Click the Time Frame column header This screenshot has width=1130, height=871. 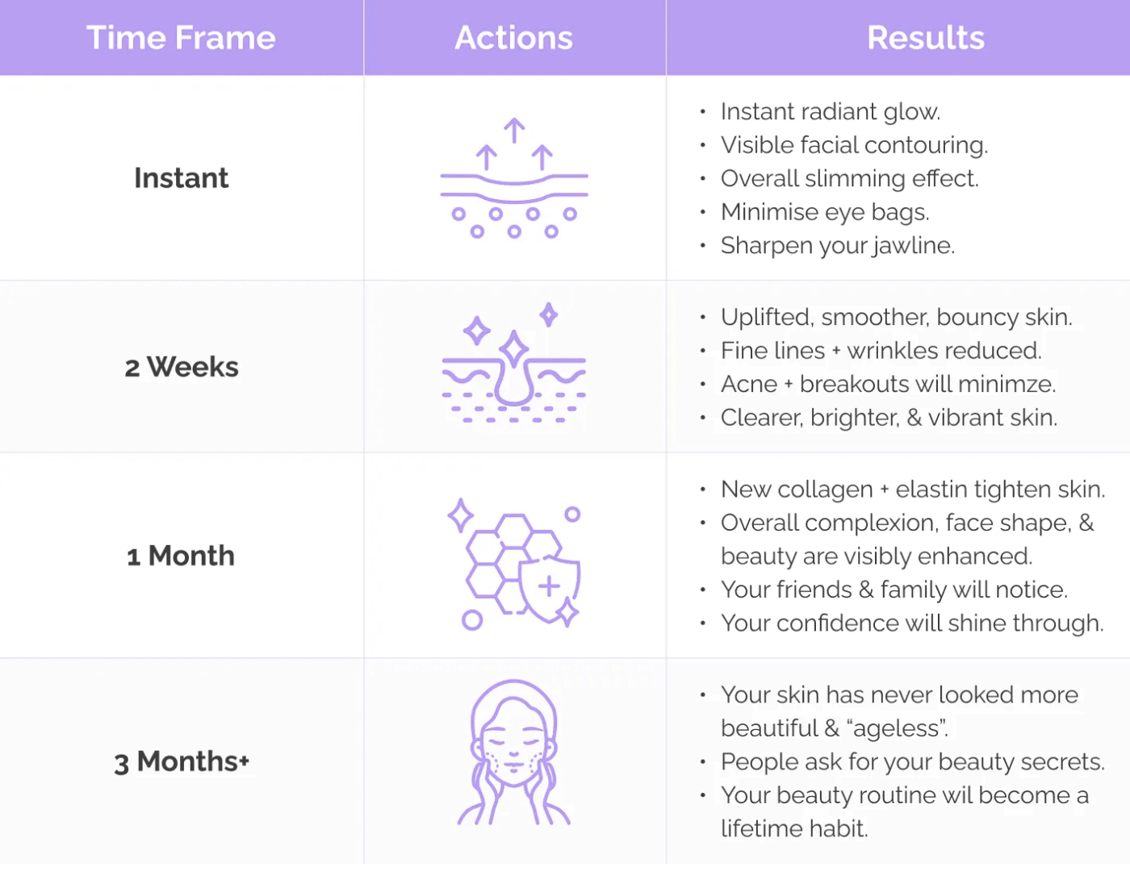tap(181, 37)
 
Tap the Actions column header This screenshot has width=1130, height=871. tap(514, 37)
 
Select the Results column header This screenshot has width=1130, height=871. tap(926, 37)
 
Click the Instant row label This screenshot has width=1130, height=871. tap(181, 177)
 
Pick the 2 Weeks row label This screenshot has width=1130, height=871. tap(182, 367)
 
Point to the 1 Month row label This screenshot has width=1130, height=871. tap(181, 556)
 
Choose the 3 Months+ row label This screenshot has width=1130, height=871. tap(182, 761)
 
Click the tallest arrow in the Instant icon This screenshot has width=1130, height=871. tap(514, 131)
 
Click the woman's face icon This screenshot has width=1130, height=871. tap(514, 752)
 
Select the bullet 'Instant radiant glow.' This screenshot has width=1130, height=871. tap(831, 111)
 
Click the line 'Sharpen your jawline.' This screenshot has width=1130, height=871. tap(838, 246)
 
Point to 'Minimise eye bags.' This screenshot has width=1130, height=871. tap(825, 212)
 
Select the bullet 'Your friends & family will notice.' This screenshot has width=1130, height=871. tap(894, 590)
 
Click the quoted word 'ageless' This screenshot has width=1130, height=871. tap(897, 729)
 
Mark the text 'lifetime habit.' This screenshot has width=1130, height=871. tap(794, 829)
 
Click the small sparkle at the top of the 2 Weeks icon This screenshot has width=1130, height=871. tap(549, 315)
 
